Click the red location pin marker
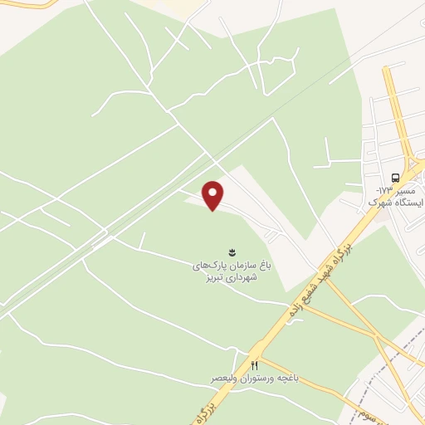point(214,195)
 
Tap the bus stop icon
point(394,178)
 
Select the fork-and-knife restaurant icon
point(255,365)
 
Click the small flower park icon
point(232,251)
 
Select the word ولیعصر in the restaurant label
point(226,379)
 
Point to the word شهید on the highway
point(345,242)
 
